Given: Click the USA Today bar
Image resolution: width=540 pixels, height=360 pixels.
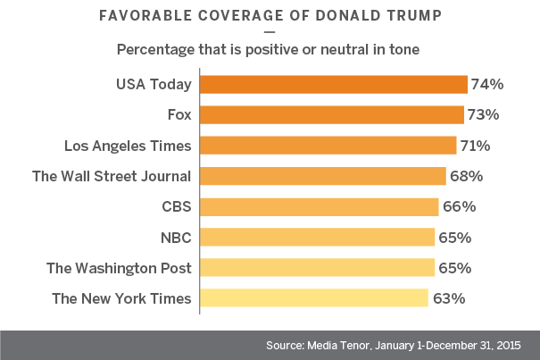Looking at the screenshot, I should point(333,85).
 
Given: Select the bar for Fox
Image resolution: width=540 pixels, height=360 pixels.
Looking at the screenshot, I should point(331,115).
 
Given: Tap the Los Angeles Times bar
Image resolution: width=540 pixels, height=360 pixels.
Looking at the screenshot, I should point(328,146).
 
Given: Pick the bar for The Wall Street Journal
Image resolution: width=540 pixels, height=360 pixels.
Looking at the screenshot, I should point(322,176).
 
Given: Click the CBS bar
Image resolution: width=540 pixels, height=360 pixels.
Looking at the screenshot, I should point(319,206).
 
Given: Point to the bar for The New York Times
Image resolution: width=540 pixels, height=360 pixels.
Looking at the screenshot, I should point(313,298).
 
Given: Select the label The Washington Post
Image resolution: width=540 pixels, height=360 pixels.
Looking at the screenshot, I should point(122,268).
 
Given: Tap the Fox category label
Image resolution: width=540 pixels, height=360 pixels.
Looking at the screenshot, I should point(179,115).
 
